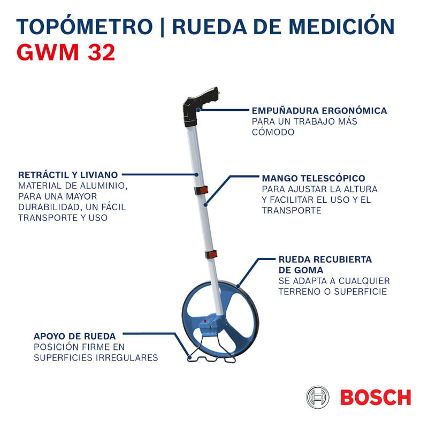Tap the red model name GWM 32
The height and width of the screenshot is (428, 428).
coord(66,53)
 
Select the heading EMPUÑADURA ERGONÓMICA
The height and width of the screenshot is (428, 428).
coord(319,111)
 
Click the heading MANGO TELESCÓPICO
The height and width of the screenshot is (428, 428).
coord(314,178)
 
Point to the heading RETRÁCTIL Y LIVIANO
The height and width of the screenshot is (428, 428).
coord(68,175)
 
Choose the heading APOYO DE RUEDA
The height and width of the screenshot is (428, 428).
coord(74,337)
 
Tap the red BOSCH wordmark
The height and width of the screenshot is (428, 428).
coord(375,398)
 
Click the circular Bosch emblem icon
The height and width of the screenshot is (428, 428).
coord(318,398)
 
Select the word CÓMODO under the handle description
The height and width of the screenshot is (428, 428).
coord(273,132)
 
